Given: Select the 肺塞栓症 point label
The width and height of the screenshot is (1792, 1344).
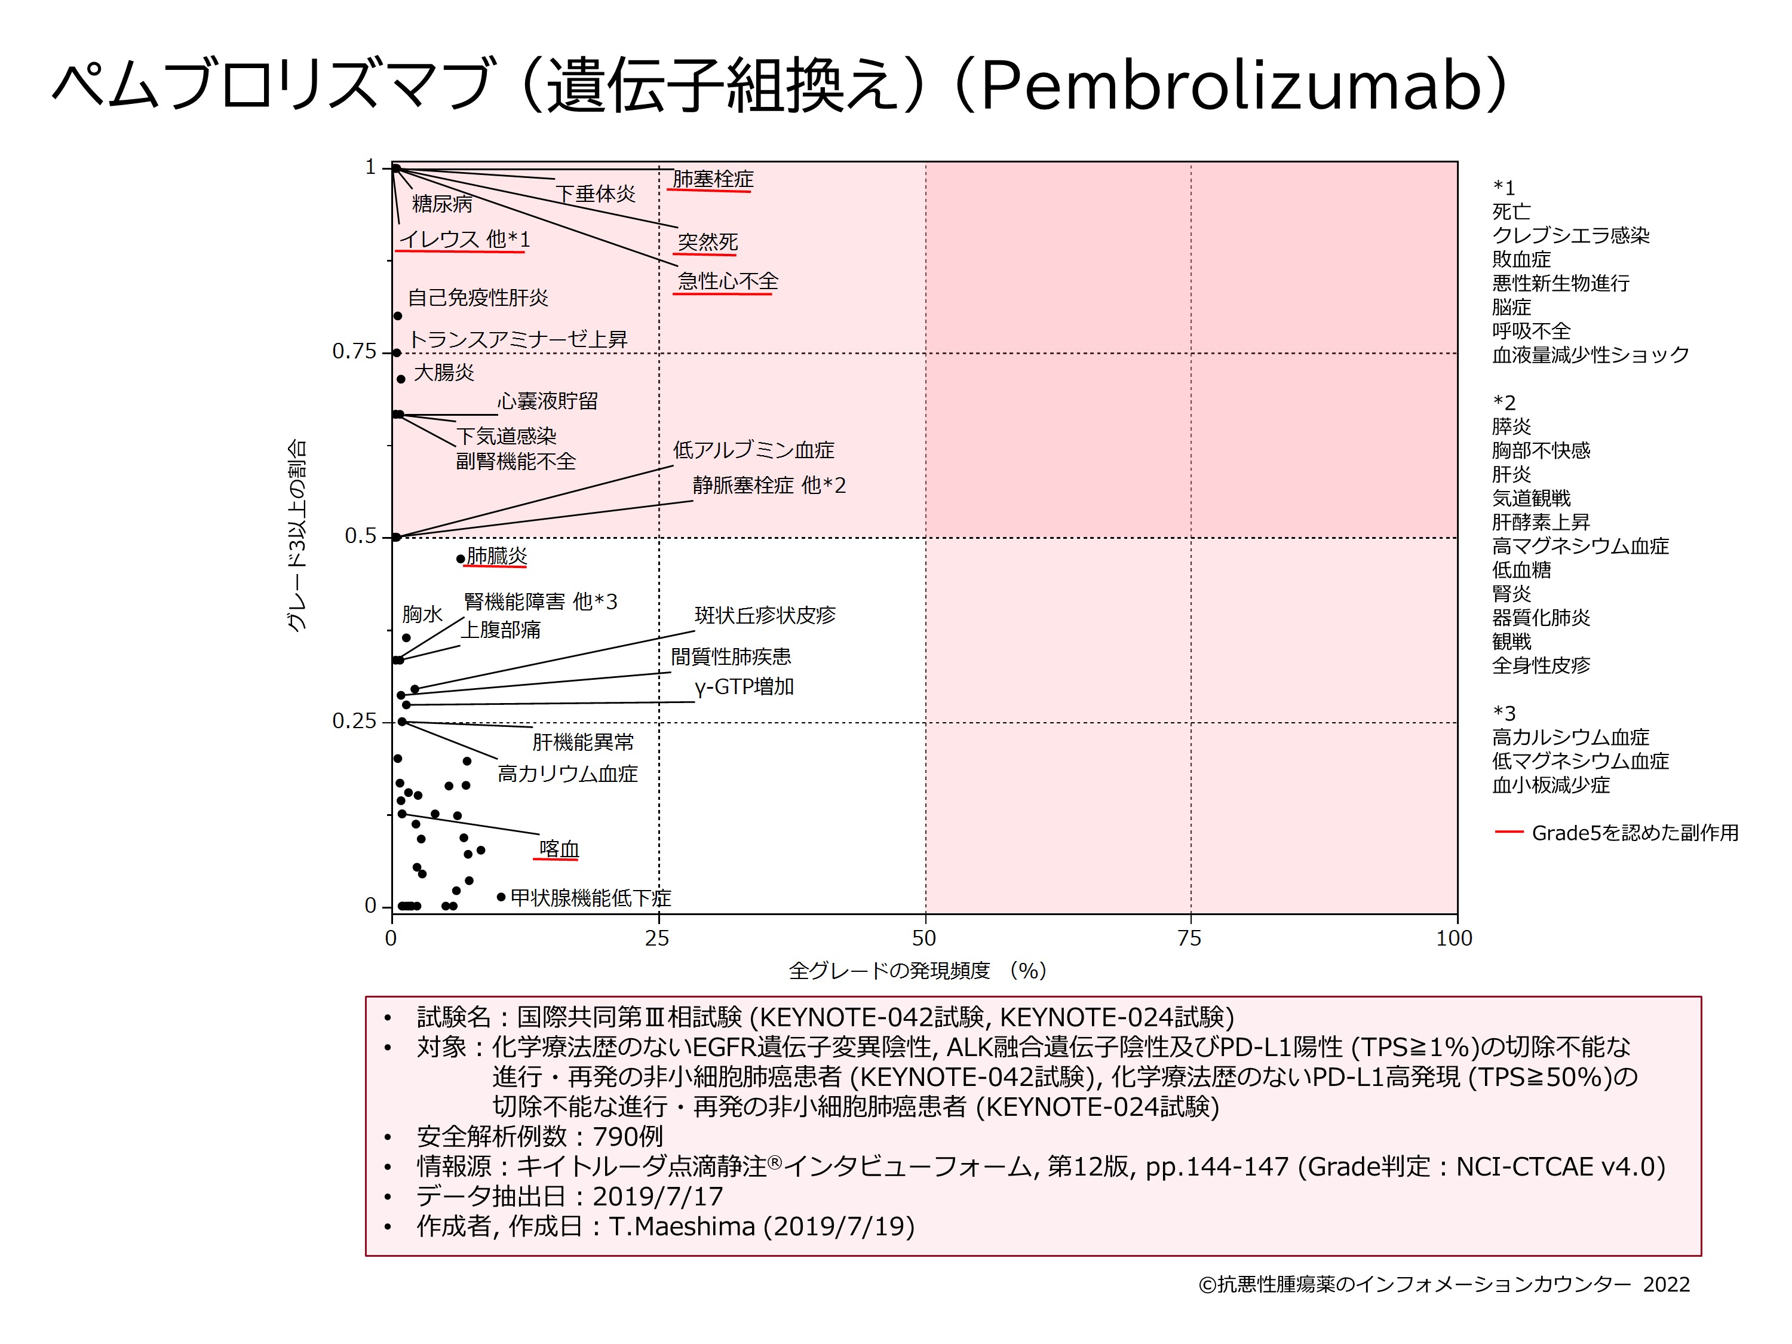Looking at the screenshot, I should pos(712,178).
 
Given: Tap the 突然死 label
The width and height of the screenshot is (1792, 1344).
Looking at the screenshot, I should pos(707,241).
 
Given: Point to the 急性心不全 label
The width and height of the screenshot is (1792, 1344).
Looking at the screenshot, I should pos(728,281).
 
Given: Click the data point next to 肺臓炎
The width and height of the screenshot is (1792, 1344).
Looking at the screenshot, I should pos(460,558).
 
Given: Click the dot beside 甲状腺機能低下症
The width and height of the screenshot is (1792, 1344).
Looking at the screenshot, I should pos(501,897).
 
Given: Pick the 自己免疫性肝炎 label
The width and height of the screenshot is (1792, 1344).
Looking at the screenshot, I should pos(477,297).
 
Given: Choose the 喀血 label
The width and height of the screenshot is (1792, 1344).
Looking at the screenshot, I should pos(559,848).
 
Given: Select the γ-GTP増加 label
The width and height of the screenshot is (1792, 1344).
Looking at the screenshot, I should pos(744,686).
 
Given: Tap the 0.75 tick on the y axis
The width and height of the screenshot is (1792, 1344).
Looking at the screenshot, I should pos(354,352).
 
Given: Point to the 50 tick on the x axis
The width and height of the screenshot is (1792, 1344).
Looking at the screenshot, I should pos(923,938).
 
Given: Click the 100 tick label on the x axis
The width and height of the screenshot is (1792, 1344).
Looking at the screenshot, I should pos(1453,938).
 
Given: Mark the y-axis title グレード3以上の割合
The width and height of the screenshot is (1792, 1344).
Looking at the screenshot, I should pos(297,535).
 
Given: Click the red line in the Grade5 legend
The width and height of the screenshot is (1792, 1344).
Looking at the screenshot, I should pos(1508,832).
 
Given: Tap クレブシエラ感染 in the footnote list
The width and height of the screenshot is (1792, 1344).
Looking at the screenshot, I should pos(1570,235).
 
